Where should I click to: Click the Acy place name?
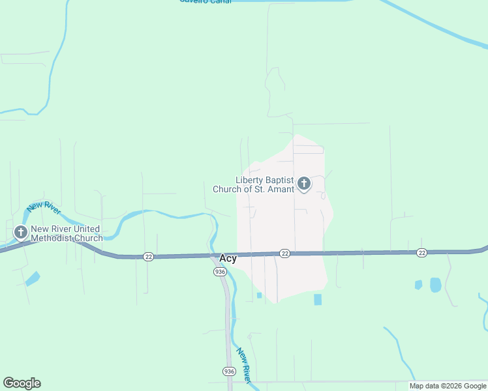click(228, 259)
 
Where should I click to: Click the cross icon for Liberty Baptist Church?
click(303, 184)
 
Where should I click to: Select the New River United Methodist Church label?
click(66, 233)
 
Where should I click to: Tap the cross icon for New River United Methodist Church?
click(21, 232)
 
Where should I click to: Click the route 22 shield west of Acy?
click(149, 257)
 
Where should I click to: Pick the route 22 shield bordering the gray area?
click(284, 253)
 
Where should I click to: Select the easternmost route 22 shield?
click(421, 253)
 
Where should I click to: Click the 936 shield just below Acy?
click(220, 272)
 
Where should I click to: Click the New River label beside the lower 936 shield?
click(244, 365)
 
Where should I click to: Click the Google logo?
click(22, 383)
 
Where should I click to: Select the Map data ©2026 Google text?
click(448, 386)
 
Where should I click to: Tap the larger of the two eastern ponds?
click(435, 285)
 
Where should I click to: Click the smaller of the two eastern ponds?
click(418, 285)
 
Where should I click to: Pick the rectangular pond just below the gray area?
click(318, 299)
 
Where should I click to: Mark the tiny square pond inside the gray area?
click(259, 295)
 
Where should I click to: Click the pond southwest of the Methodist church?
click(32, 278)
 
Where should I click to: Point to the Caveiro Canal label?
click(205, 1)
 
